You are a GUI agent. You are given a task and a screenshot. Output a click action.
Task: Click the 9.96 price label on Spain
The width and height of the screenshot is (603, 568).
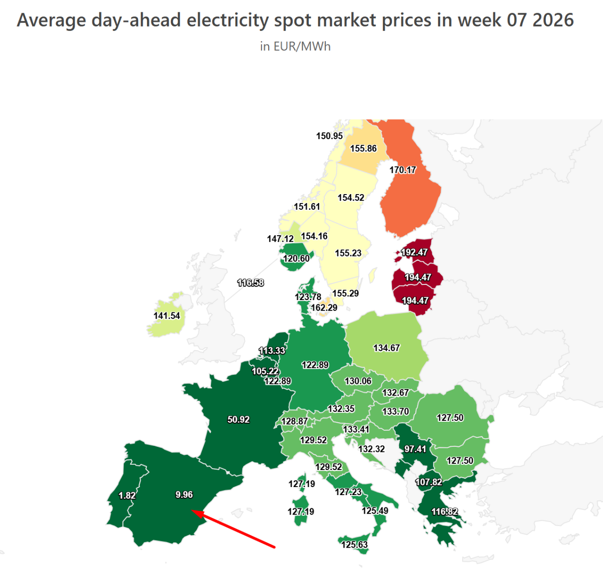(x=184, y=495)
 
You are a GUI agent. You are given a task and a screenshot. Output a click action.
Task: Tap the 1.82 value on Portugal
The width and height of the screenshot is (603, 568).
(x=127, y=496)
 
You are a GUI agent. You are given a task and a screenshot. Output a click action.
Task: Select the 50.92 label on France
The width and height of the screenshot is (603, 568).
(x=238, y=419)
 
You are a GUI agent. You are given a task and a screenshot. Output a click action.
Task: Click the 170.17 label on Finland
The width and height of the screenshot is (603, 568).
(x=402, y=169)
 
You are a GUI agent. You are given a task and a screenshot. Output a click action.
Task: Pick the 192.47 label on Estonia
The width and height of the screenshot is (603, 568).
(x=414, y=252)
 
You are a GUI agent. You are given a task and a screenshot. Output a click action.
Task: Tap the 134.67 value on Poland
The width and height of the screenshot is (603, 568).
(x=386, y=348)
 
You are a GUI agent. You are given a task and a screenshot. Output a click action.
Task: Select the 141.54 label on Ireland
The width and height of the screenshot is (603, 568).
(x=166, y=316)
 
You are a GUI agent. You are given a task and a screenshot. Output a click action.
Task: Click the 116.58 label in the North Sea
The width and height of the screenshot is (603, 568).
(x=250, y=283)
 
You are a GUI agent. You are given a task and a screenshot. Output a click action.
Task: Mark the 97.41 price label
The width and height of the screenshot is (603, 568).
(x=415, y=449)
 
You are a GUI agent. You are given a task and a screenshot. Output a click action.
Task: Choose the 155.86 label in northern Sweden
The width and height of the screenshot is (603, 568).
(x=363, y=149)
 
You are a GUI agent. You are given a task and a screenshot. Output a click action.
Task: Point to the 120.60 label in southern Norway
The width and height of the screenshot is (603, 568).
(x=296, y=258)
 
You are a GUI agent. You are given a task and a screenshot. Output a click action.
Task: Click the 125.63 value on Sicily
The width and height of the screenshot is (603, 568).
(x=354, y=544)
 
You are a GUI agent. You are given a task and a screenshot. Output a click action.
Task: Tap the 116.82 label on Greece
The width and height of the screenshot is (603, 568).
(x=444, y=512)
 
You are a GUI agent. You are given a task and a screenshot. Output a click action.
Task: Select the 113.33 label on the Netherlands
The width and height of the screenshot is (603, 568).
(x=272, y=351)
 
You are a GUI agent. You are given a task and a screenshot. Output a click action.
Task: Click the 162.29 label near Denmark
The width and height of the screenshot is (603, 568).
(x=324, y=308)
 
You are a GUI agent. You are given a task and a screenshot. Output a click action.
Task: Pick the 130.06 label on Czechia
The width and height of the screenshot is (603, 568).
(x=358, y=381)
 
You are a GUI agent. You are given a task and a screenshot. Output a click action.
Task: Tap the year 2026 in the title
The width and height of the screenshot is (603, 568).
(x=553, y=20)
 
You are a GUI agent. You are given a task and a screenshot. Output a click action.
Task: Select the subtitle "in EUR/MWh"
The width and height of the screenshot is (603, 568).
(x=295, y=46)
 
